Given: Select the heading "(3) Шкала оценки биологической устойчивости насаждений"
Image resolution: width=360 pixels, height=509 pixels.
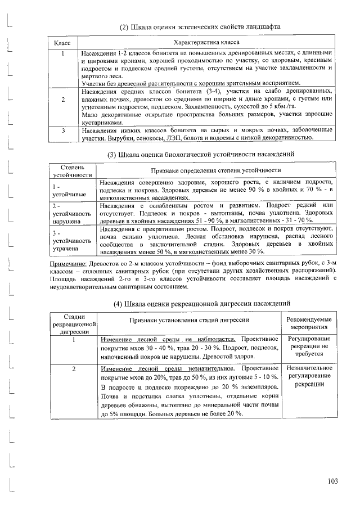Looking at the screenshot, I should click(200, 154).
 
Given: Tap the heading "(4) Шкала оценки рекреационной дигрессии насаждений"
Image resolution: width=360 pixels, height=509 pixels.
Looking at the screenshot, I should click(201, 304).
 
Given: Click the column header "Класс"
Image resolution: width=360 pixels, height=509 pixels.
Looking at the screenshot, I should click(61, 42).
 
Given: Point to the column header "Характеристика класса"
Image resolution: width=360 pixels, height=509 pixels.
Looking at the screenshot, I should click(207, 42).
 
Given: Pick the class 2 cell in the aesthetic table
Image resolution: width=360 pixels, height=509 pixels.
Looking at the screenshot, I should click(64, 100).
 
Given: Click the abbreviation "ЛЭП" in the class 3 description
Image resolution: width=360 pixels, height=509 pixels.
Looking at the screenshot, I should click(174, 138).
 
